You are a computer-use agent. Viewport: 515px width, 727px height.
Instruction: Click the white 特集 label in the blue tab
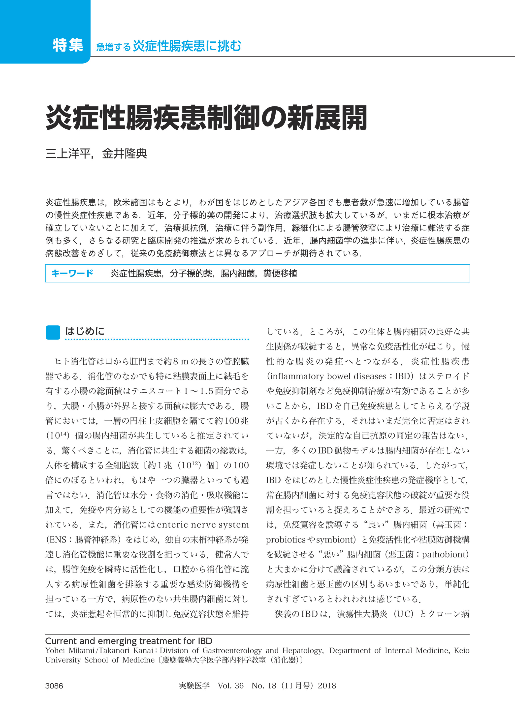click(x=68, y=45)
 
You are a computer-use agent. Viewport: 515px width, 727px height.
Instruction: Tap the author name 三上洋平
click(x=68, y=154)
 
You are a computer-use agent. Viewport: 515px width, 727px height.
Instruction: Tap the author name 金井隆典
click(x=124, y=154)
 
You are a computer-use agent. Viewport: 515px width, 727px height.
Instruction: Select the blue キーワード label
click(x=72, y=273)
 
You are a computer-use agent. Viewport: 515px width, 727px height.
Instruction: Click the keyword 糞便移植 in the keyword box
click(x=280, y=273)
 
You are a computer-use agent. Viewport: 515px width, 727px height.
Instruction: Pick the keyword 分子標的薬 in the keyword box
click(x=191, y=273)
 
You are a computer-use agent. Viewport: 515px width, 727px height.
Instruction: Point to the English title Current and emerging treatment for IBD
click(x=129, y=641)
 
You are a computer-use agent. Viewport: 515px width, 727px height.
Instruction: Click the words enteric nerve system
click(x=203, y=525)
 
